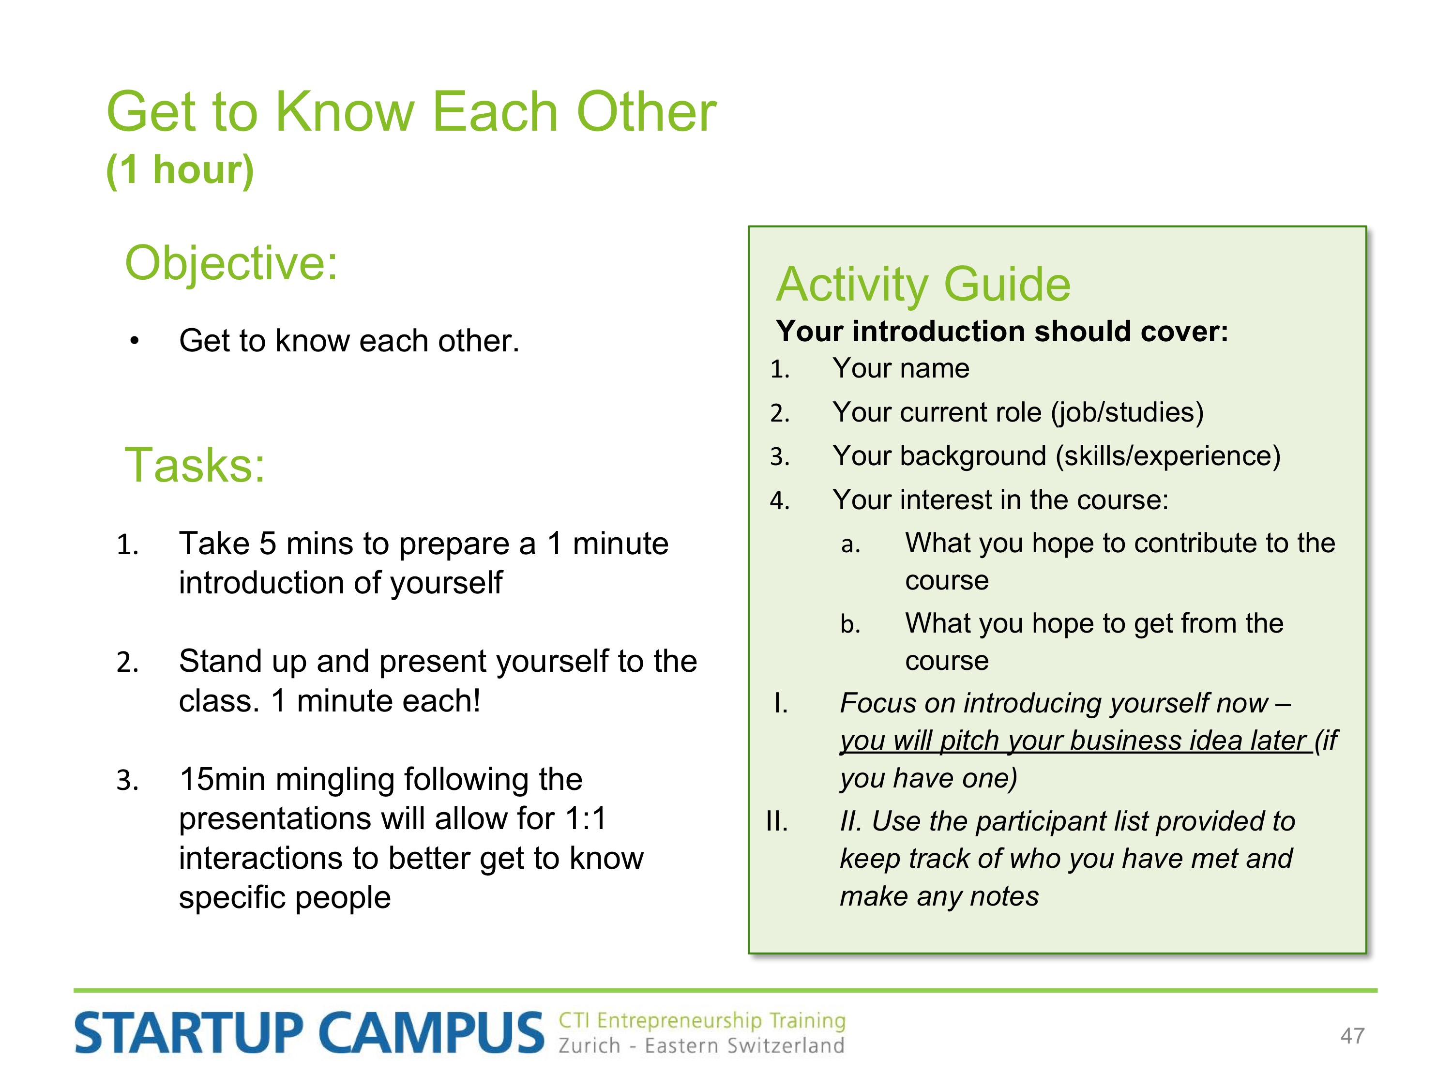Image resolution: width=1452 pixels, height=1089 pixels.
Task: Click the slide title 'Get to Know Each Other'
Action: (x=411, y=112)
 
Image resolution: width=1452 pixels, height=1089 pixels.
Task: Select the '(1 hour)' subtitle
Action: (x=180, y=170)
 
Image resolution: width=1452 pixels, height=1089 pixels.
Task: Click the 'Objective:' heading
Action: (x=231, y=264)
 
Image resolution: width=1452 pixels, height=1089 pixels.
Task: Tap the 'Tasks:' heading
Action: (x=195, y=465)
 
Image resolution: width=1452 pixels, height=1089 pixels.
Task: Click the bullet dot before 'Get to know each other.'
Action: (x=135, y=341)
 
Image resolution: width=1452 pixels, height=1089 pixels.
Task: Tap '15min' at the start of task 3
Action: (x=222, y=779)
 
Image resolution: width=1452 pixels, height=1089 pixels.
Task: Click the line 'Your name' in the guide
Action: (x=901, y=369)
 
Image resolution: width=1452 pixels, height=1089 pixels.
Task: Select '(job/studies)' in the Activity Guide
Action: (x=1127, y=413)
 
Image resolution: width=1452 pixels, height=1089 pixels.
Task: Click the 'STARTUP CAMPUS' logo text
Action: (x=309, y=1032)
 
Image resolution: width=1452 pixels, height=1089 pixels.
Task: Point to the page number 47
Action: (x=1352, y=1036)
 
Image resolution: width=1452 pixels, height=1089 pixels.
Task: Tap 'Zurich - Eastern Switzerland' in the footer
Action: (x=701, y=1045)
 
